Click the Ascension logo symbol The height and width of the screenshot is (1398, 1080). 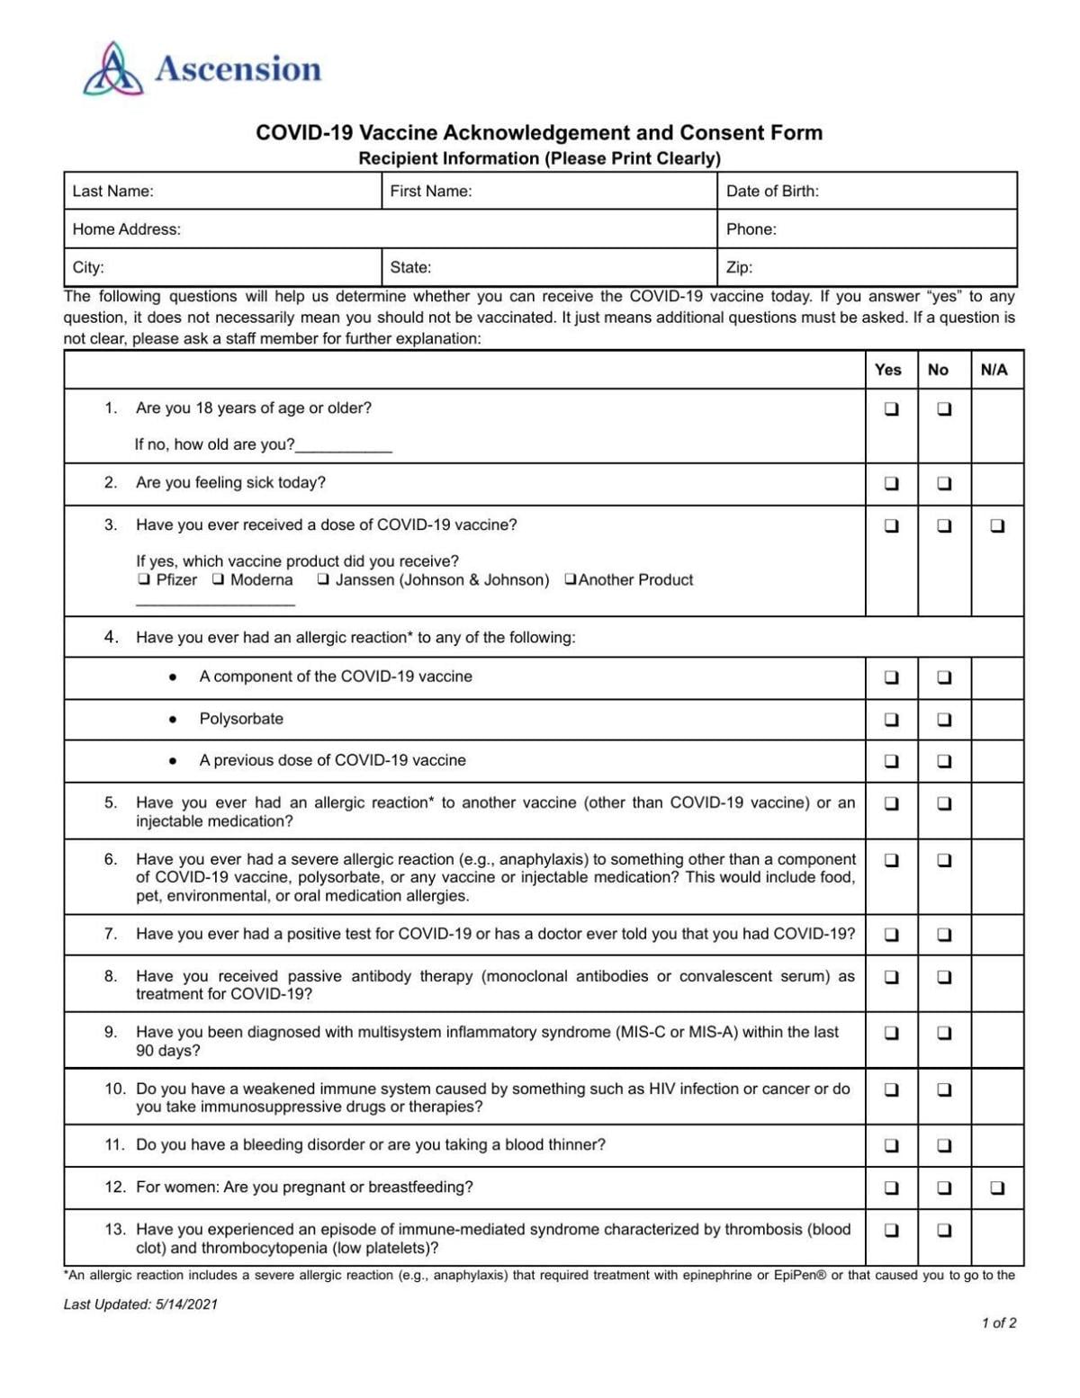tap(113, 69)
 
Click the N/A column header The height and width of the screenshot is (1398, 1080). tap(994, 370)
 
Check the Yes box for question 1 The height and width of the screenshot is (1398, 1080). tap(891, 409)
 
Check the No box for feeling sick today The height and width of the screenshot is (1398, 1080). tap(944, 484)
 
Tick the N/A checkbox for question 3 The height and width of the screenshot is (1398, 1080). tap(997, 526)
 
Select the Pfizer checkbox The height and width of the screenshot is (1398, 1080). tap(144, 579)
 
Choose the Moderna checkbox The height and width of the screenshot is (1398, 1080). tap(219, 579)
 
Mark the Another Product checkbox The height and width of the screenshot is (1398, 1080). tap(570, 579)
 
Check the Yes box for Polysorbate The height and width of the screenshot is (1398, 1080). tap(891, 720)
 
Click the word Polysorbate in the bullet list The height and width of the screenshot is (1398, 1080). tap(241, 719)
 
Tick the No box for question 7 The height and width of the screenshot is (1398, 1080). tap(944, 935)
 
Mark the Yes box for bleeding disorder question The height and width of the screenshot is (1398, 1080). tap(891, 1146)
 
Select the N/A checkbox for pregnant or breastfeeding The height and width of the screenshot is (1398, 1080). tap(997, 1188)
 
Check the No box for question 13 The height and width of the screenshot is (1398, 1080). tap(944, 1231)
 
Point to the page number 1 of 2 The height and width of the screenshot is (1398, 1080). tap(999, 1323)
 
